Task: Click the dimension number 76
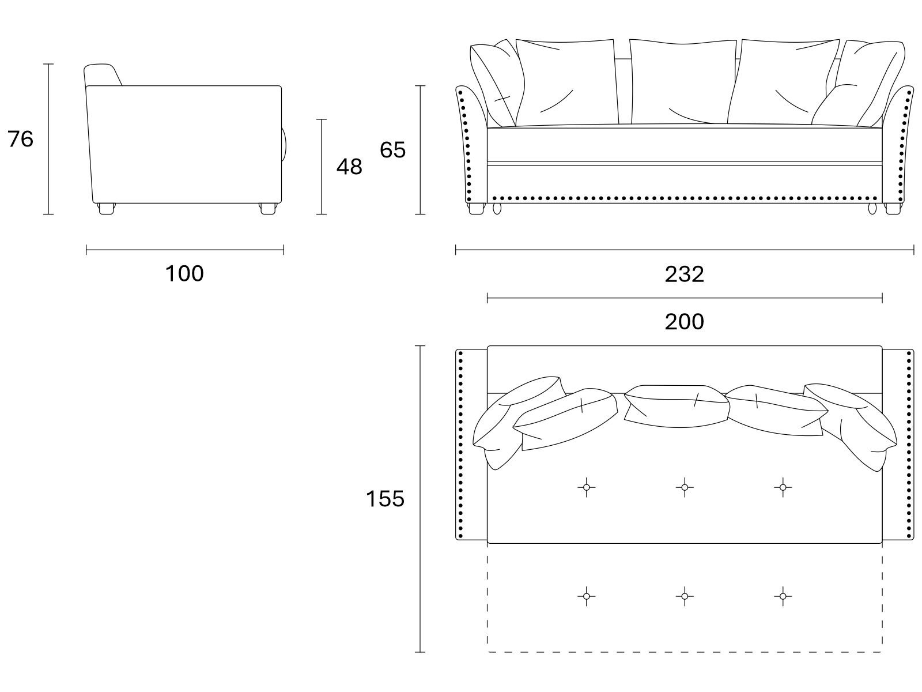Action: tap(20, 138)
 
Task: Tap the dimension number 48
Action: tap(349, 167)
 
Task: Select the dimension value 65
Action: tap(393, 149)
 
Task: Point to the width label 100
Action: tap(184, 273)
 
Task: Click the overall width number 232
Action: tap(684, 274)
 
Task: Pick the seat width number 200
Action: tap(684, 321)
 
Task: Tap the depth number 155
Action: tap(385, 499)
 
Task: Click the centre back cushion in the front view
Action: tap(683, 81)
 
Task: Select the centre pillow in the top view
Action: tap(677, 406)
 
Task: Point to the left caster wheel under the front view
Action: tap(497, 208)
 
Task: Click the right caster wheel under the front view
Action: tap(872, 208)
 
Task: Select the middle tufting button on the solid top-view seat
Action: tap(685, 487)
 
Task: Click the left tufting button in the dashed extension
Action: tap(587, 596)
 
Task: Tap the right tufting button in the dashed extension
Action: tap(783, 596)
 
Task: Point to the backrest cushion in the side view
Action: tap(103, 75)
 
